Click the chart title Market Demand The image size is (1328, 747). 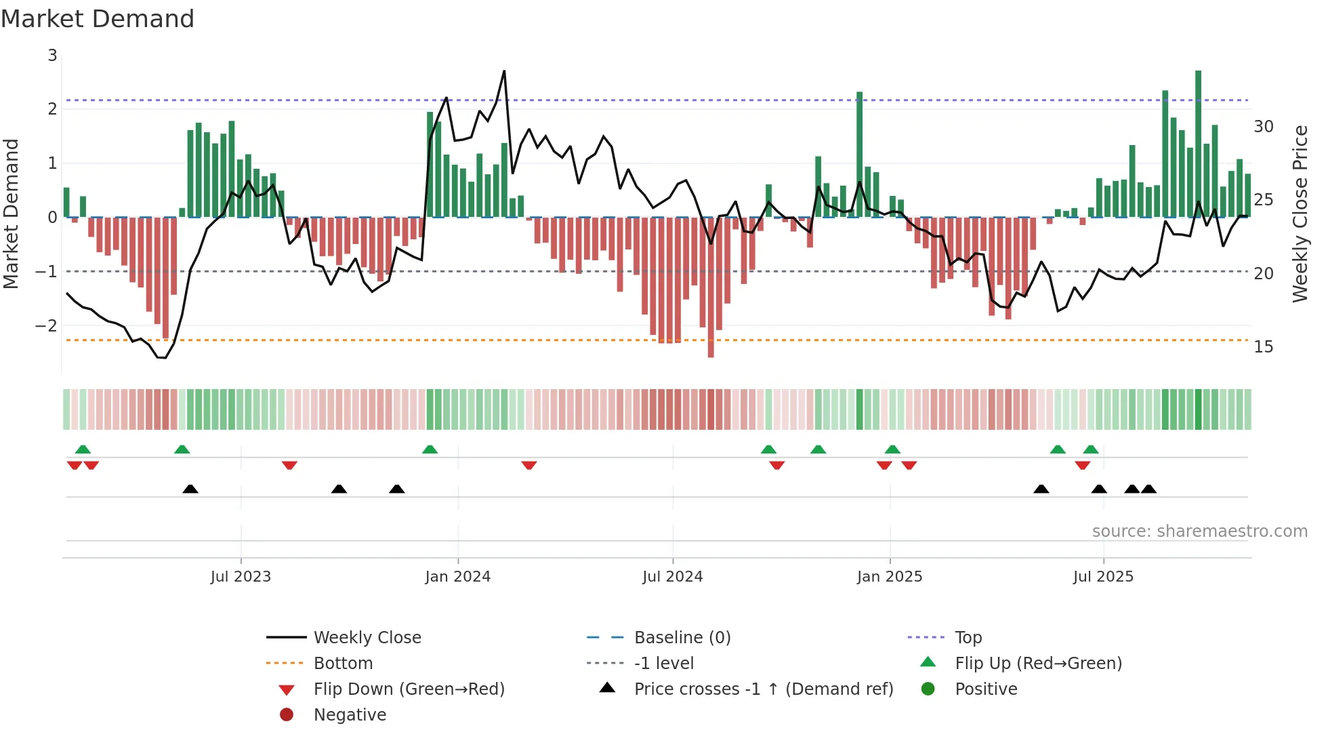[x=98, y=19]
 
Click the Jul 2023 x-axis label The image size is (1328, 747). [x=241, y=577]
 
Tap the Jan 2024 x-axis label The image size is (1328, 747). [x=458, y=577]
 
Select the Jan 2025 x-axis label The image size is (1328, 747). [x=890, y=577]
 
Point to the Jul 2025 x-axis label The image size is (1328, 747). [x=1103, y=577]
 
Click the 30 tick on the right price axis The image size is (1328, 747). [x=1264, y=127]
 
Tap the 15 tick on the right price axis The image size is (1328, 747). [x=1264, y=347]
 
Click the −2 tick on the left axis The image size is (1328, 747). [x=46, y=325]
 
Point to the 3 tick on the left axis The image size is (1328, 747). [x=52, y=56]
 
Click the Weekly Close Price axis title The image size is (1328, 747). [x=1300, y=214]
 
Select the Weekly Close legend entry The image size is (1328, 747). [x=367, y=638]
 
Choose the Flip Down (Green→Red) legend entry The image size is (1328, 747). [x=409, y=689]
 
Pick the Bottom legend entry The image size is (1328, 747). [x=343, y=664]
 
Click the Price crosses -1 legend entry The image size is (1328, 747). [x=764, y=689]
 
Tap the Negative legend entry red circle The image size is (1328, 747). [x=287, y=715]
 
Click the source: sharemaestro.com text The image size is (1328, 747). [x=1199, y=531]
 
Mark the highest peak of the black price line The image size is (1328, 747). [x=504, y=71]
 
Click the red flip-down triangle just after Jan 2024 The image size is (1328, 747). [x=529, y=465]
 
